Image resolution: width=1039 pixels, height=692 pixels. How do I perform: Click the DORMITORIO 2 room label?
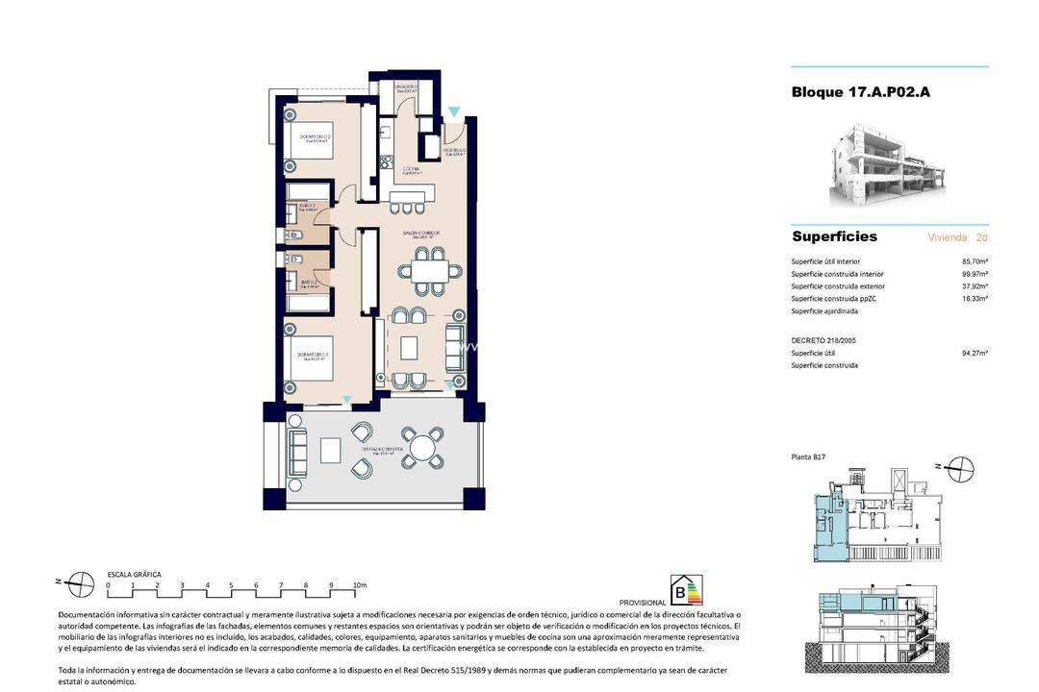(315, 137)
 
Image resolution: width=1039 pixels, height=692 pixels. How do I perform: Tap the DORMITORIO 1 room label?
(314, 355)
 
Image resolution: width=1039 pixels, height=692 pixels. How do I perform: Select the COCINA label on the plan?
(411, 169)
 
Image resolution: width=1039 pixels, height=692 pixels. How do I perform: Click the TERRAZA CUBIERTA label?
(382, 450)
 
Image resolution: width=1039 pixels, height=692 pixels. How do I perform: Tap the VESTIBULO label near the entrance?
(455, 151)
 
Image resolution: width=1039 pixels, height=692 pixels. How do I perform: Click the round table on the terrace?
(421, 447)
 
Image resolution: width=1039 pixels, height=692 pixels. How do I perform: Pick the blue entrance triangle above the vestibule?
(454, 111)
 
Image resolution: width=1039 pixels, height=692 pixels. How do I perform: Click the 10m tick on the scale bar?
(360, 585)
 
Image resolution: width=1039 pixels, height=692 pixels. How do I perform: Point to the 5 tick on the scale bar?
(232, 585)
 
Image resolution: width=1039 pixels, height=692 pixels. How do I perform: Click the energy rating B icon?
(686, 590)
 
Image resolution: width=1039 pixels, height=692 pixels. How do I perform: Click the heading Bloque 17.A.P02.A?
(860, 92)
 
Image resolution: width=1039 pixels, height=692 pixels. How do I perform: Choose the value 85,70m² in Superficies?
(975, 261)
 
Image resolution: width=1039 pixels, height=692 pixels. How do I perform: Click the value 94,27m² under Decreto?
(975, 353)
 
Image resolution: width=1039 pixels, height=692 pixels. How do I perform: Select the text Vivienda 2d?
(957, 236)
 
